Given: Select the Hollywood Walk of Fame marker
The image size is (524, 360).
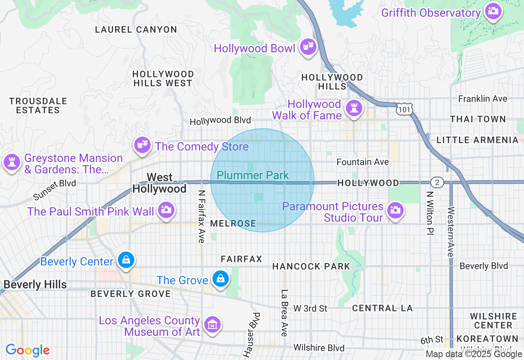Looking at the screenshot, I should (353, 108).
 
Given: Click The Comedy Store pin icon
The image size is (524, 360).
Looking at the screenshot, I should (142, 145).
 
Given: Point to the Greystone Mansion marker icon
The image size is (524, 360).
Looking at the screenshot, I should (11, 162).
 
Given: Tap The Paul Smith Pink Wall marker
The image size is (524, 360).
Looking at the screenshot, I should (166, 210).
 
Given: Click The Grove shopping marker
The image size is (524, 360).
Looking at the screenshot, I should (220, 279).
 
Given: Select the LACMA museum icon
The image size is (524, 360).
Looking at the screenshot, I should (212, 325).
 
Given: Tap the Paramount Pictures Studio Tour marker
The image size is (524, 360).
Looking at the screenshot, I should (395, 210).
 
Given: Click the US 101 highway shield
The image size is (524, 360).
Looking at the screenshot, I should (404, 109).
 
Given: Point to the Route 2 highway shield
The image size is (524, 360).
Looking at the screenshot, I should (437, 182).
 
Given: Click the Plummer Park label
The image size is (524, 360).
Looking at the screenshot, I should (253, 175).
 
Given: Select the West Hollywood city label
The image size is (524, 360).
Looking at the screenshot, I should (159, 183).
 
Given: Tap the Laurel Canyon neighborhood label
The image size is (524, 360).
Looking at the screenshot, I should (136, 29).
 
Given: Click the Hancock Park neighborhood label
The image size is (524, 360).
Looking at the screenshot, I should (311, 266).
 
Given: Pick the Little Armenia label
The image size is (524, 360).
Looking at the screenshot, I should (477, 140).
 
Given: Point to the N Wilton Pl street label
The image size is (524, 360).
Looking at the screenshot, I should (429, 213).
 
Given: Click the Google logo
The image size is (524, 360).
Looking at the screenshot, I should (27, 350).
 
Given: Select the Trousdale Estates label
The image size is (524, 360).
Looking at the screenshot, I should (38, 106).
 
